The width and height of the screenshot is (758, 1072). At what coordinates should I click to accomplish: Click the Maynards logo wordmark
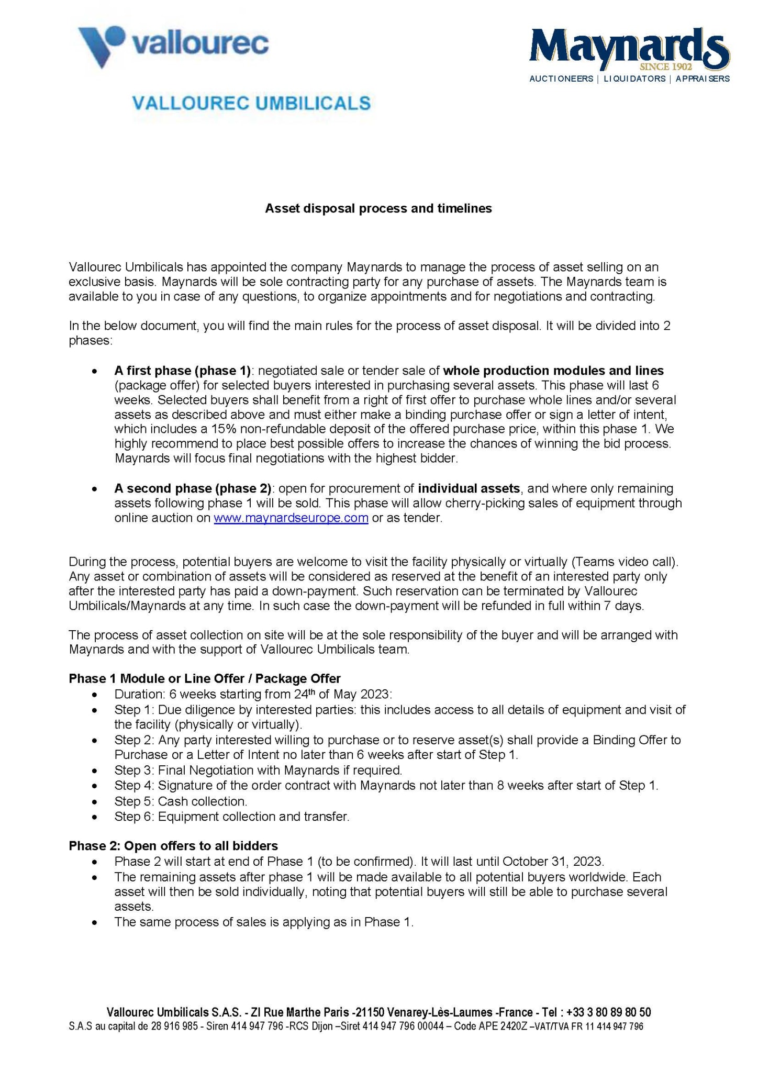[628, 48]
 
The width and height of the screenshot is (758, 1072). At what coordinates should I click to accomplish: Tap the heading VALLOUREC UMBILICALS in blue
[251, 103]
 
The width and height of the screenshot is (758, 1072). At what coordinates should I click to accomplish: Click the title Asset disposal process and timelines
[378, 208]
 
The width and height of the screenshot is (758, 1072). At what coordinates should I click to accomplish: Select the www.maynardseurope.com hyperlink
[291, 518]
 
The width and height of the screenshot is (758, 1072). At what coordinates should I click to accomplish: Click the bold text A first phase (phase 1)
[182, 371]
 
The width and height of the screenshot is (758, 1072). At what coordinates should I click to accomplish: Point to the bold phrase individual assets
[469, 488]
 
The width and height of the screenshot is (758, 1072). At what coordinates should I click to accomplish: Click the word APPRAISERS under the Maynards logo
[702, 79]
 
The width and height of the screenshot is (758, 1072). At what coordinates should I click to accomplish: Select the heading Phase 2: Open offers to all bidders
[173, 846]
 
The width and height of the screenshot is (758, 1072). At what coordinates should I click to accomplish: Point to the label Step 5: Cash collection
[181, 801]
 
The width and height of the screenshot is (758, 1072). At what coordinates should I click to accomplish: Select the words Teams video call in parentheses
[623, 562]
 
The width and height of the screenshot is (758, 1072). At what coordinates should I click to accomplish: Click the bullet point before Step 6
[94, 817]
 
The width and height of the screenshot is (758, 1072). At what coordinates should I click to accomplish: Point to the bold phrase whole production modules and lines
[553, 371]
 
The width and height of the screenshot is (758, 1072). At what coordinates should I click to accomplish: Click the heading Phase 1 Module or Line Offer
[204, 679]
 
